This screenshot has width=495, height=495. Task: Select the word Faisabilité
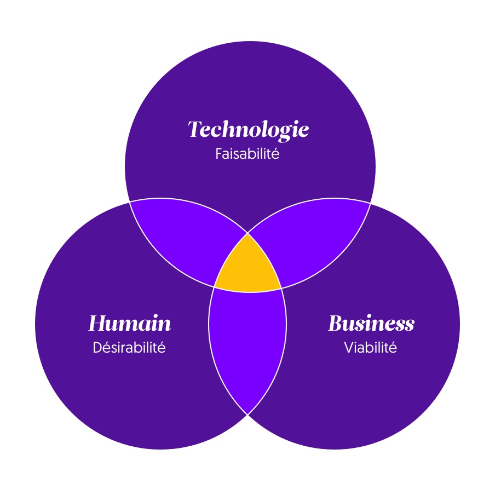(x=248, y=153)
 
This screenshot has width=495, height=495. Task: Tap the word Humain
(x=130, y=324)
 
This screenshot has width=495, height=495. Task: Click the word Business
(x=371, y=324)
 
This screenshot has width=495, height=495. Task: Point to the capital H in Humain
(x=96, y=324)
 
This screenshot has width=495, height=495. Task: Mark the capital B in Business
(x=335, y=324)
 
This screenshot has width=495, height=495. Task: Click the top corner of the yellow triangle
(x=248, y=234)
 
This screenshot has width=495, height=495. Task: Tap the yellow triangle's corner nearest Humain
(x=214, y=287)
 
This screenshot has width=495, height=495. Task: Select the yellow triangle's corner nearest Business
(x=281, y=287)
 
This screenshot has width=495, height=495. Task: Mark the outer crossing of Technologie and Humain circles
(x=129, y=202)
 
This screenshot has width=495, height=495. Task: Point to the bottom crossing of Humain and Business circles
(x=248, y=415)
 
